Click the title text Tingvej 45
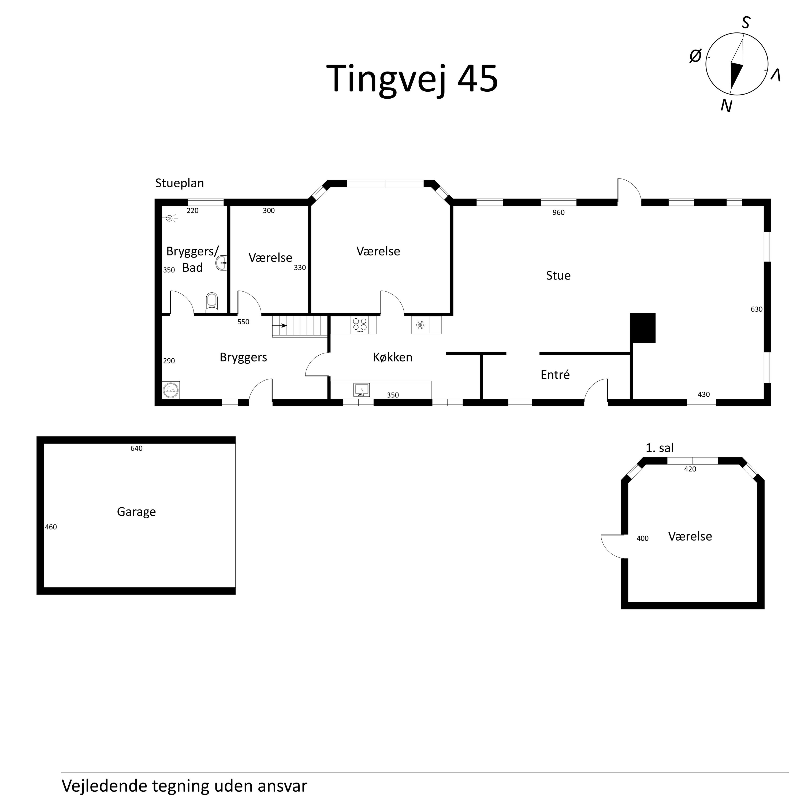pyautogui.click(x=412, y=79)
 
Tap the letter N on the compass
pyautogui.click(x=726, y=107)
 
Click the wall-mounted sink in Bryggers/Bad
pyautogui.click(x=222, y=263)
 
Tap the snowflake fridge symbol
pyautogui.click(x=420, y=325)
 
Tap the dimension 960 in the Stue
pyautogui.click(x=559, y=213)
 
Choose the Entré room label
pyautogui.click(x=555, y=375)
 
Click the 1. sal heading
pyautogui.click(x=660, y=448)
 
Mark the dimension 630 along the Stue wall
pyautogui.click(x=757, y=309)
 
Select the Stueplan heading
pyautogui.click(x=179, y=183)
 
